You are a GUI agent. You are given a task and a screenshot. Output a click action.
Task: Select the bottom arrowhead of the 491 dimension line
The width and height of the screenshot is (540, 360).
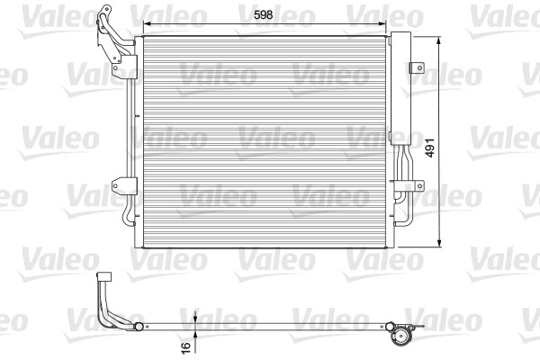[438, 243]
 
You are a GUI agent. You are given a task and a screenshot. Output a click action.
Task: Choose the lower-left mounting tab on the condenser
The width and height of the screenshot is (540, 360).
[119, 187]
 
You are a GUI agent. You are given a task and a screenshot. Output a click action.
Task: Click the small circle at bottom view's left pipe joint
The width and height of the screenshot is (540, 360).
[139, 326]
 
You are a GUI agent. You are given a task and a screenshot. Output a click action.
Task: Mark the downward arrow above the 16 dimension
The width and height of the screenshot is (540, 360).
[194, 318]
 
